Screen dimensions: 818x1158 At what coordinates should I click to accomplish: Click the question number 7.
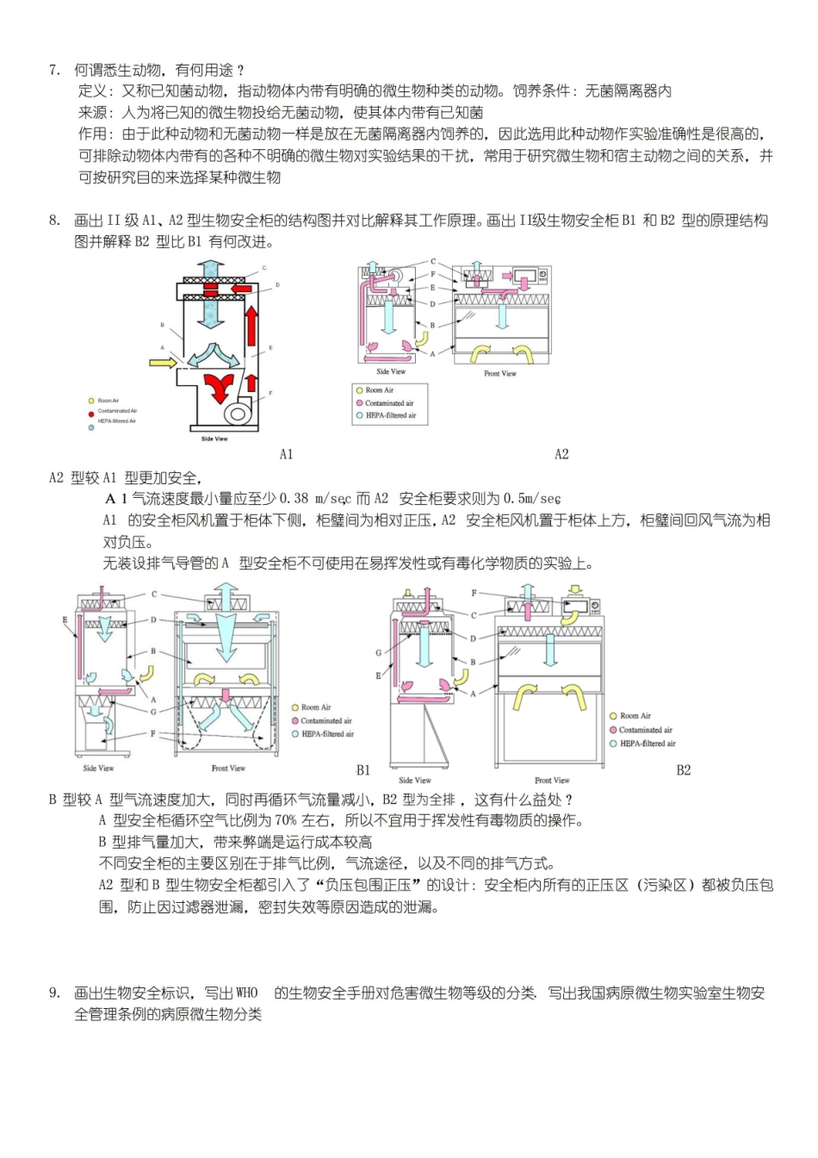(53, 71)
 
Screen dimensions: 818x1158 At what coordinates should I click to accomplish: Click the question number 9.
(53, 993)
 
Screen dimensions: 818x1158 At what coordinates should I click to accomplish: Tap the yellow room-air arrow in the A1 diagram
(163, 363)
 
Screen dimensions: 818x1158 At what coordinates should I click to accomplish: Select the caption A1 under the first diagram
(287, 455)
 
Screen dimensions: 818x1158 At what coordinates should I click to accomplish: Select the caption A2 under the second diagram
(561, 455)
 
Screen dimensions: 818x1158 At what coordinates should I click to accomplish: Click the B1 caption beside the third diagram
(363, 770)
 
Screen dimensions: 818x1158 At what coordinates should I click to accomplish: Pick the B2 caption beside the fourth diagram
(684, 770)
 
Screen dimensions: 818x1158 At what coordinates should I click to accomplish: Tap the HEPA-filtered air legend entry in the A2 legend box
(390, 415)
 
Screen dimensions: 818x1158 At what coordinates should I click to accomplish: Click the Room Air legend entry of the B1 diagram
(315, 707)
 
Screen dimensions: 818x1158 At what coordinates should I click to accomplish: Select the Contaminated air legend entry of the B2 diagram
(645, 730)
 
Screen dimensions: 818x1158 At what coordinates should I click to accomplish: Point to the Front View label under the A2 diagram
(500, 374)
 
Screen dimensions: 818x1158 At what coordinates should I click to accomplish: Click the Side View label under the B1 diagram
(98, 769)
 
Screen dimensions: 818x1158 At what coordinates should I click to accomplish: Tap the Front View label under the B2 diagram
(552, 781)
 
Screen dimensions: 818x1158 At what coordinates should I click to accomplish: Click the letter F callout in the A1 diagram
(270, 394)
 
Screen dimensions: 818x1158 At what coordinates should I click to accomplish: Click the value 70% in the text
(286, 821)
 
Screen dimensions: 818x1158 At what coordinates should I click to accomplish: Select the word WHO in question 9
(246, 993)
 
